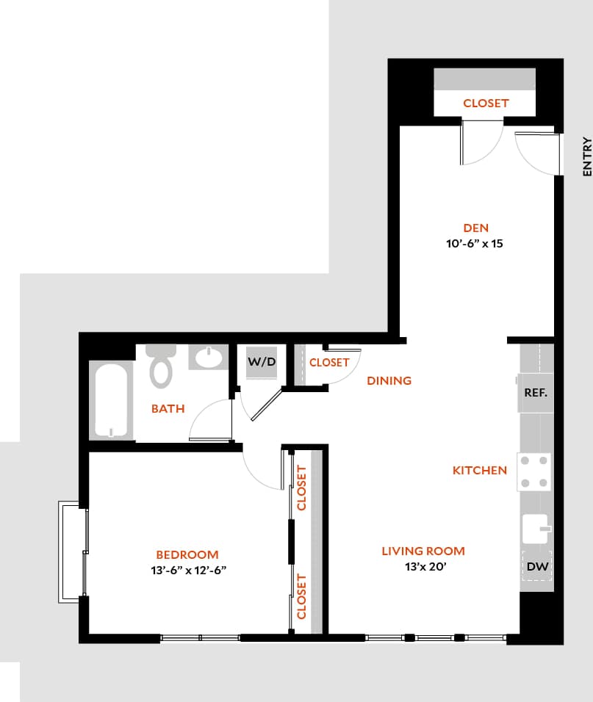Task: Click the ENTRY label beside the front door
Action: (586, 156)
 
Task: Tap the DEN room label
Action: (475, 228)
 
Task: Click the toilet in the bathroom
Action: (161, 366)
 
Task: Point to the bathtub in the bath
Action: (111, 401)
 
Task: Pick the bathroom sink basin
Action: (210, 358)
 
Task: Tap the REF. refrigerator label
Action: (536, 392)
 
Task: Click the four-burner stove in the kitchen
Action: (534, 471)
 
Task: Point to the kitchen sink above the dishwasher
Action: (536, 528)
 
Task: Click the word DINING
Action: (389, 380)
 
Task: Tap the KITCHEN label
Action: (479, 470)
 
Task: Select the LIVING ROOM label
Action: (423, 551)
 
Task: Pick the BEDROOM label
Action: (187, 554)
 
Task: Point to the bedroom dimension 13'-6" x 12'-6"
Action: (187, 570)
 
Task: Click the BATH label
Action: (168, 408)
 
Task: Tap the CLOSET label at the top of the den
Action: (486, 104)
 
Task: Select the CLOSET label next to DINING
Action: (329, 363)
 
